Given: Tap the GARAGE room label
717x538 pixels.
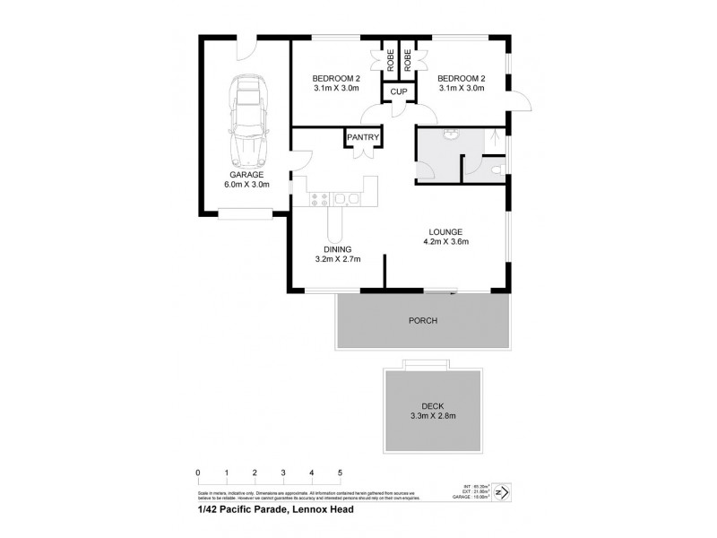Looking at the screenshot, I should tap(245, 174).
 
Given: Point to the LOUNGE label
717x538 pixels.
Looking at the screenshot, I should tap(446, 230).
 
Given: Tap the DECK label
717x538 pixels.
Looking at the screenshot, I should tap(433, 405).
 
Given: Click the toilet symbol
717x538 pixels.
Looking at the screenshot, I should tap(497, 166).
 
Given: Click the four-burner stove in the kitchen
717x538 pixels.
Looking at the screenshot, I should tap(320, 197).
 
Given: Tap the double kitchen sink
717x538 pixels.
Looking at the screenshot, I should tap(348, 197).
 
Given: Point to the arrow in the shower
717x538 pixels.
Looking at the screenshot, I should tap(491, 137).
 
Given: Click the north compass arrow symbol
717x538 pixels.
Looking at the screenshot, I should tap(503, 492).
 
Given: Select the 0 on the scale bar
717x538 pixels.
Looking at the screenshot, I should tap(197, 473).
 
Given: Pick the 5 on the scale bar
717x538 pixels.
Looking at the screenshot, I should tap(340, 473).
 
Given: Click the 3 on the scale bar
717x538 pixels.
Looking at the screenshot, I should tap(282, 473).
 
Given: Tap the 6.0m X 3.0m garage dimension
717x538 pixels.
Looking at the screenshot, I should tap(246, 185).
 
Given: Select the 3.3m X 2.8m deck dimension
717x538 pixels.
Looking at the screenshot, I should tap(433, 416).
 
